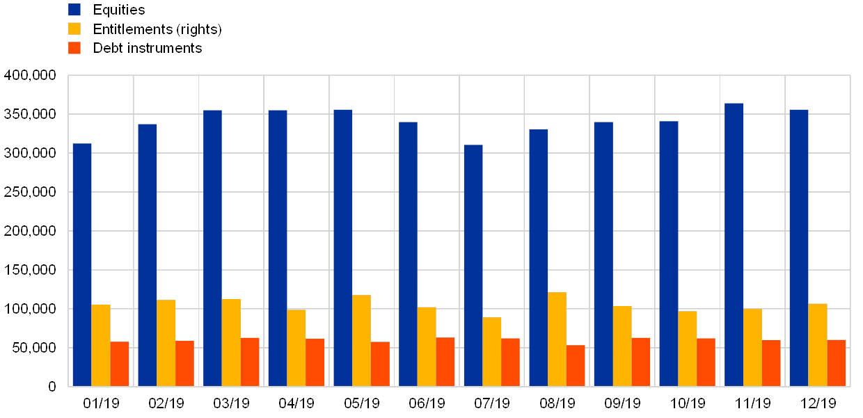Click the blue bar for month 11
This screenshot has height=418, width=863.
(x=734, y=244)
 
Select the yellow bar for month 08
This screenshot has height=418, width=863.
(x=557, y=339)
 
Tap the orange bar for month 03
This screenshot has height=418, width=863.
(x=250, y=362)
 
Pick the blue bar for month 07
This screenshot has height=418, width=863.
(x=473, y=265)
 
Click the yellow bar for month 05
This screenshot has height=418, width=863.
(x=361, y=340)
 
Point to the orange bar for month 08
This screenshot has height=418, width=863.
(x=576, y=365)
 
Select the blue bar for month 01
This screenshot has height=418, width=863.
(x=82, y=264)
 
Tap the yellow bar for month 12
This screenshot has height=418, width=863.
(x=818, y=344)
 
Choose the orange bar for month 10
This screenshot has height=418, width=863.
(x=706, y=362)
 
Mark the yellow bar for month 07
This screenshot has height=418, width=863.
(x=491, y=351)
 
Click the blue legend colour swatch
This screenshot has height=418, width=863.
(x=74, y=10)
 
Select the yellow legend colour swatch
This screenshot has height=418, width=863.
(x=74, y=29)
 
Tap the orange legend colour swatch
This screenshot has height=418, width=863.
(x=74, y=48)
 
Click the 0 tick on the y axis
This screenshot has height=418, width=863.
(x=52, y=387)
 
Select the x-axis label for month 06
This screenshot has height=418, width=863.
(x=427, y=403)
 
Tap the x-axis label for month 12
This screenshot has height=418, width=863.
(x=818, y=403)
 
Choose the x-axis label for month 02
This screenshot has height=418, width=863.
(x=166, y=403)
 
